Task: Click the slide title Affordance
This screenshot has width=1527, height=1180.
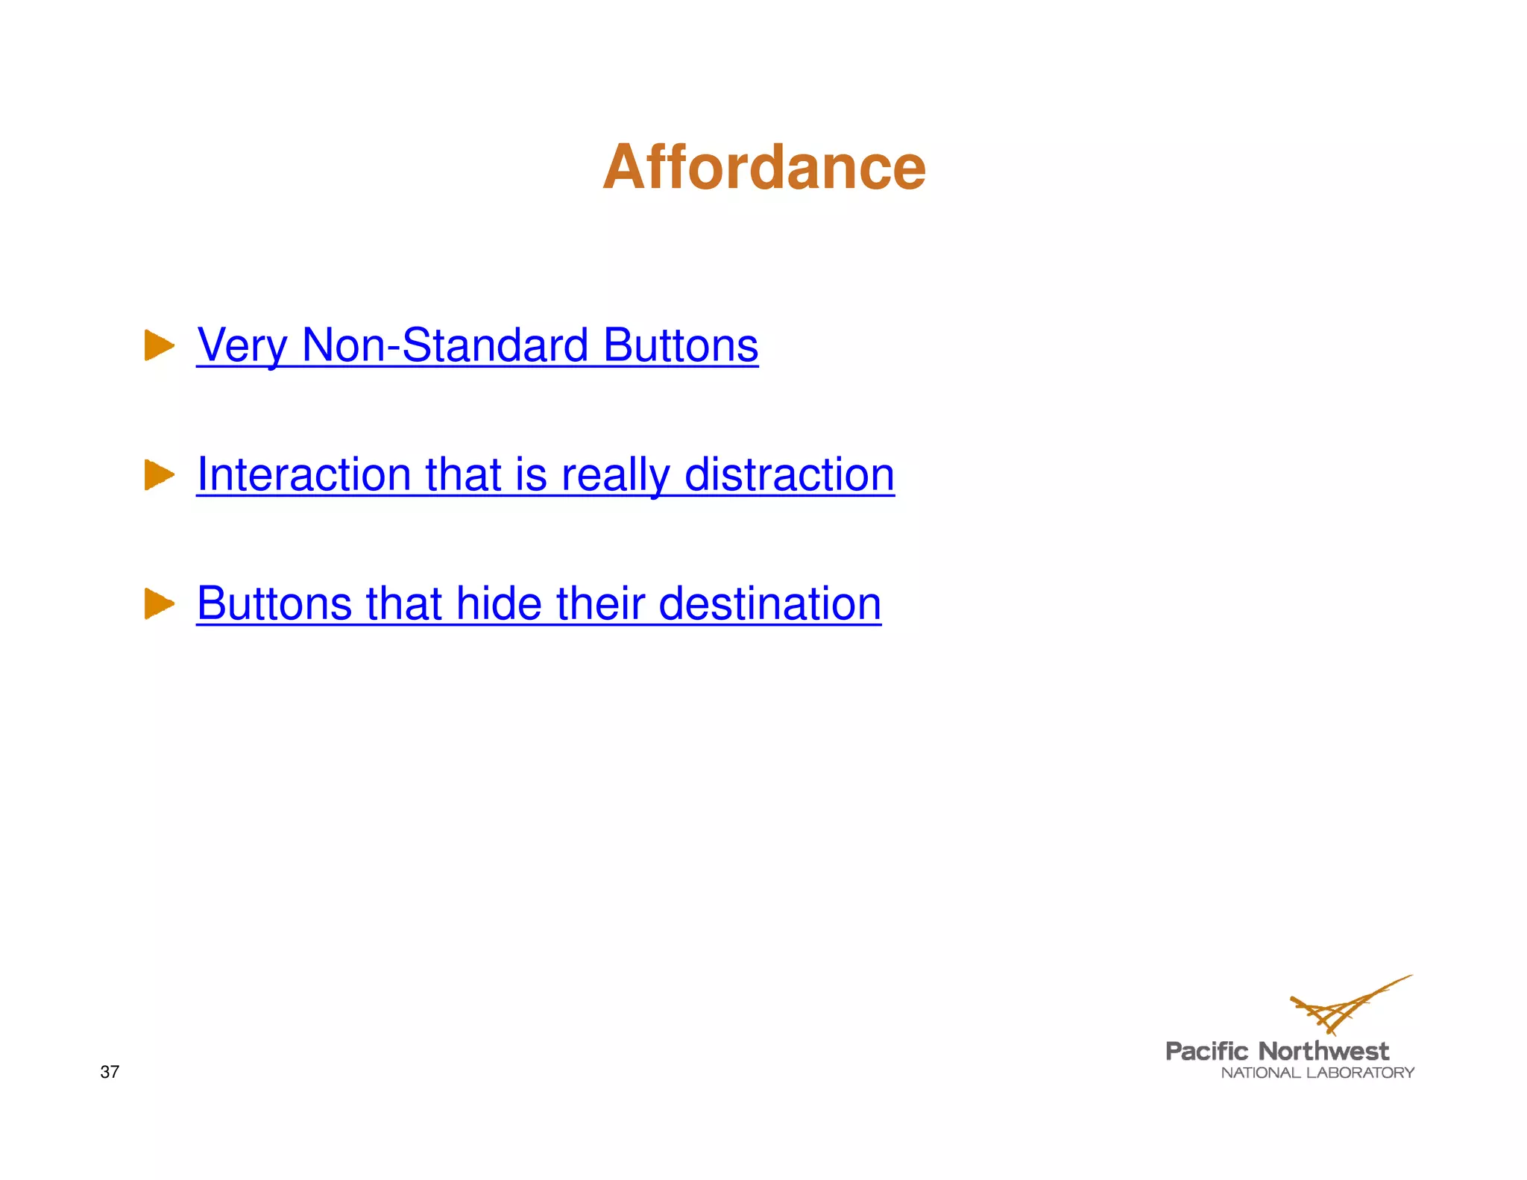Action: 764,167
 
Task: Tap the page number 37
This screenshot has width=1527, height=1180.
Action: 110,1072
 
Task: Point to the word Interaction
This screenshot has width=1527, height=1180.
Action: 303,474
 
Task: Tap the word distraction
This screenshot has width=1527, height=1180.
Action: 790,474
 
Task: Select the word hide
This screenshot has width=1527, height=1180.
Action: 499,603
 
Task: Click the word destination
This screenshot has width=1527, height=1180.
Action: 770,603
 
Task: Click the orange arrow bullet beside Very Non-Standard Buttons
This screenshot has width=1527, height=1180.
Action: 159,345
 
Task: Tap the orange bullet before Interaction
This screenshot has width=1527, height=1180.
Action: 159,474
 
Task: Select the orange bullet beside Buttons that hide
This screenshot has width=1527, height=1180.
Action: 159,603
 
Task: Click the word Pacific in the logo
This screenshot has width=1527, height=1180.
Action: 1206,1052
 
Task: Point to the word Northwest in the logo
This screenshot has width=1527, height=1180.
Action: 1323,1052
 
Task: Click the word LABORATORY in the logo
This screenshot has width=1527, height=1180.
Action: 1361,1073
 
